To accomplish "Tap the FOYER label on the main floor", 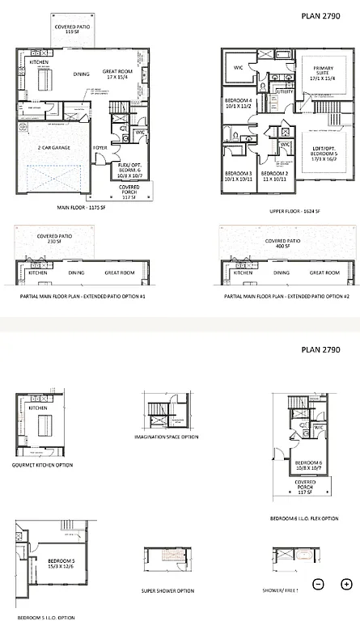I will point(100,148).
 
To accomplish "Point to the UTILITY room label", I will point(284,92).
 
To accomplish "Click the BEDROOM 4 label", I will point(239,103).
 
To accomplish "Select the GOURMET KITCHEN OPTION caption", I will point(43,465).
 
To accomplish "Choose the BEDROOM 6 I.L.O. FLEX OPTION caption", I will point(304,518).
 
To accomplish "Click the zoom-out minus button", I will point(319,584).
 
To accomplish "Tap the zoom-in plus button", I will point(346,584).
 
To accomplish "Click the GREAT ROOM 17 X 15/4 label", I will point(122,74).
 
